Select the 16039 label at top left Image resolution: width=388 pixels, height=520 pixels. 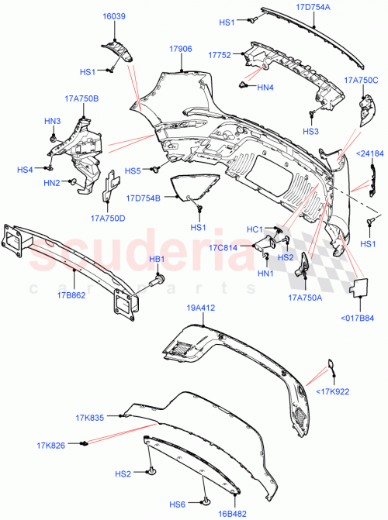point(115,16)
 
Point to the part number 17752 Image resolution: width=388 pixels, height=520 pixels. point(220,55)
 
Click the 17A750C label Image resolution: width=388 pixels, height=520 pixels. point(361,80)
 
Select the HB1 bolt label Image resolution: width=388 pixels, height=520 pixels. point(158,259)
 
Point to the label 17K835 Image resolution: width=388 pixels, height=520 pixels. point(90,418)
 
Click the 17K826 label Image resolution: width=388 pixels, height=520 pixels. point(50,445)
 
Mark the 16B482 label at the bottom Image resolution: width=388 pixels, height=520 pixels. point(231,512)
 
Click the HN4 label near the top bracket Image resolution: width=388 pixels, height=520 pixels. point(266,88)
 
